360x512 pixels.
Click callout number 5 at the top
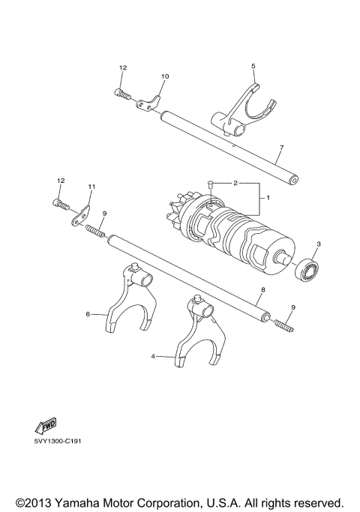pos(253,66)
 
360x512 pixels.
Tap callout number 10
pos(165,76)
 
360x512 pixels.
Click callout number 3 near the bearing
pos(318,244)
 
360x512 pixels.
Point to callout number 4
pos(154,357)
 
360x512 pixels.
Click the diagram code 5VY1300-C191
pos(57,442)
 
